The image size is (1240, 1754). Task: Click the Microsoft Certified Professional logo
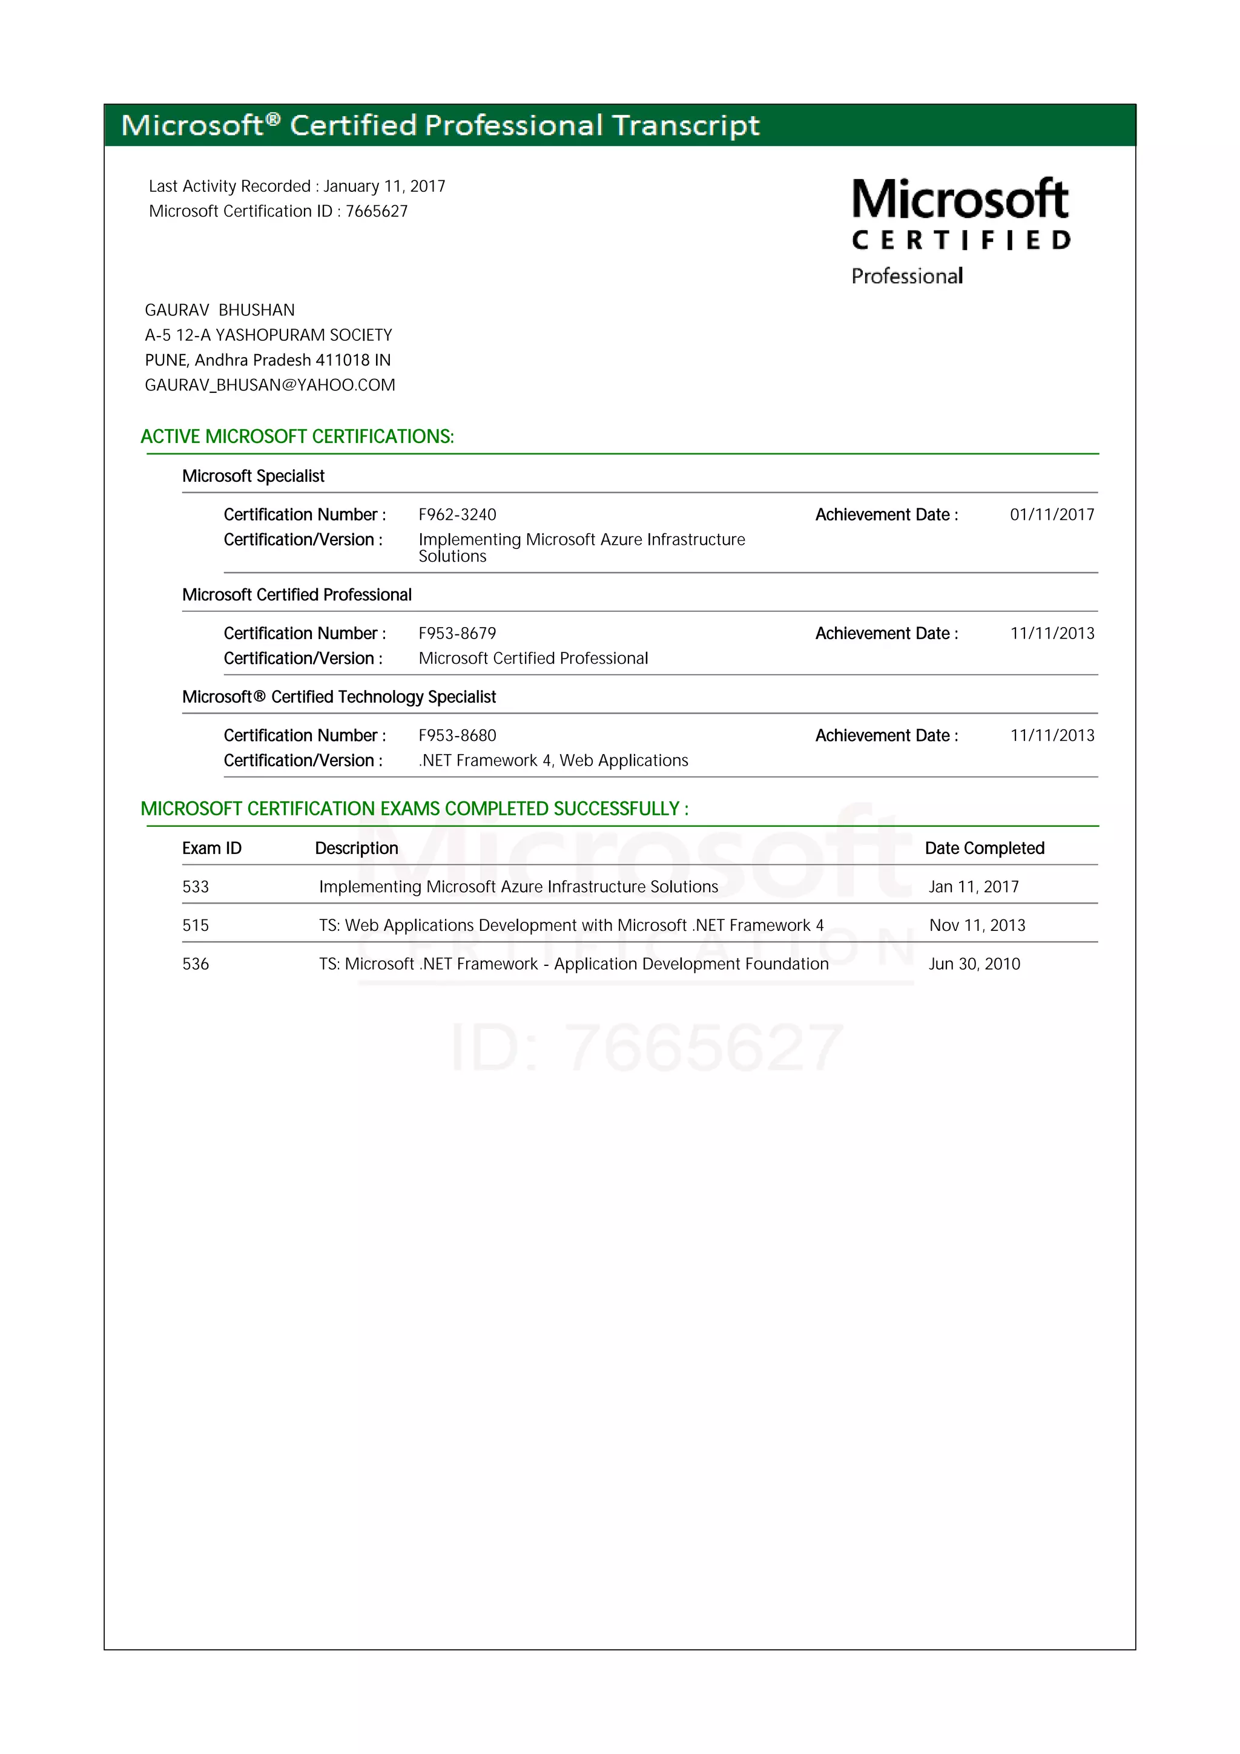(x=960, y=231)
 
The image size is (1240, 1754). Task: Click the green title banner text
(x=440, y=125)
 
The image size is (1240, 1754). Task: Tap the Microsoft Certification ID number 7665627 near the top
(x=377, y=212)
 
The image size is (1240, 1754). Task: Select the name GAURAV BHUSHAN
(x=219, y=310)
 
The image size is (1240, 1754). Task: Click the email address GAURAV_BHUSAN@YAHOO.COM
(x=269, y=385)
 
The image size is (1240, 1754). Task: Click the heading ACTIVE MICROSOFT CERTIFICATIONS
(x=297, y=436)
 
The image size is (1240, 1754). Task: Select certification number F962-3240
(x=457, y=515)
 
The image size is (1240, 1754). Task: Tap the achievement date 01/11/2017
(x=1051, y=515)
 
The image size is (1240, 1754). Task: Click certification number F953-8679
(x=457, y=633)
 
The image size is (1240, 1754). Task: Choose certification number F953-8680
(x=457, y=735)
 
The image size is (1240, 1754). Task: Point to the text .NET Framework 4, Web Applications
(x=553, y=761)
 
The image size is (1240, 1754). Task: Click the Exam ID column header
(x=212, y=848)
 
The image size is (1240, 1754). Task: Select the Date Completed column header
(x=984, y=848)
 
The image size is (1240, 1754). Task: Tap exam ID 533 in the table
(x=196, y=887)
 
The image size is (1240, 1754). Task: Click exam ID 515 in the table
(x=196, y=926)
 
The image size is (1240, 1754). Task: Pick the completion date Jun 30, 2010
(x=974, y=964)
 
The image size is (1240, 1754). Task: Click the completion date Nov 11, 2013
(x=977, y=926)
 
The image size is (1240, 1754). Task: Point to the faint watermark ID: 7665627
(x=647, y=1048)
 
